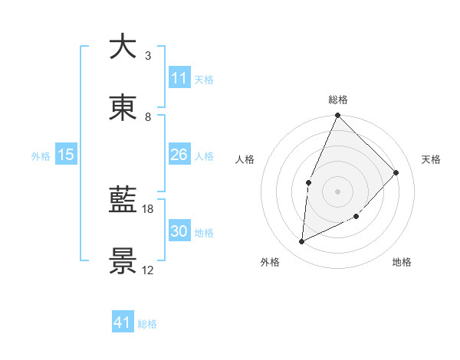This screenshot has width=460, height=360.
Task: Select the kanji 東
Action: [123, 108]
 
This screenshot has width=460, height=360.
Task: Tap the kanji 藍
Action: [123, 201]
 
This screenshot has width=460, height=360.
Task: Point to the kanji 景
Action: [123, 261]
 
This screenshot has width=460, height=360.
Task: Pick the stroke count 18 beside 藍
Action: [148, 208]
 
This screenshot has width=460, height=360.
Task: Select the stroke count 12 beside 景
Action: [148, 270]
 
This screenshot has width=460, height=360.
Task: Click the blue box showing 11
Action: [179, 78]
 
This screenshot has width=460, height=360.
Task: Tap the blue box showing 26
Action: [179, 155]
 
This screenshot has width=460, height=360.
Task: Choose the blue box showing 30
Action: [179, 231]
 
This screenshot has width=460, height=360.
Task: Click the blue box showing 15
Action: [66, 155]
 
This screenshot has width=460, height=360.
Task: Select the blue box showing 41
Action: [123, 322]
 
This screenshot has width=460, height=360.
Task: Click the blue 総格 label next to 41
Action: [147, 324]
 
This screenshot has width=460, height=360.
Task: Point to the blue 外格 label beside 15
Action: [41, 156]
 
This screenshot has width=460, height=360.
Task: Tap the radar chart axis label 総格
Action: [337, 100]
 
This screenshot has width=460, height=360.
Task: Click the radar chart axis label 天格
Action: [432, 159]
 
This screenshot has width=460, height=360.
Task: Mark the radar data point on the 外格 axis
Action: [302, 242]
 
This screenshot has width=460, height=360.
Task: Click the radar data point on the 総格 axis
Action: [337, 116]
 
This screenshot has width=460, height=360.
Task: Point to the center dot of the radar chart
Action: [337, 191]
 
